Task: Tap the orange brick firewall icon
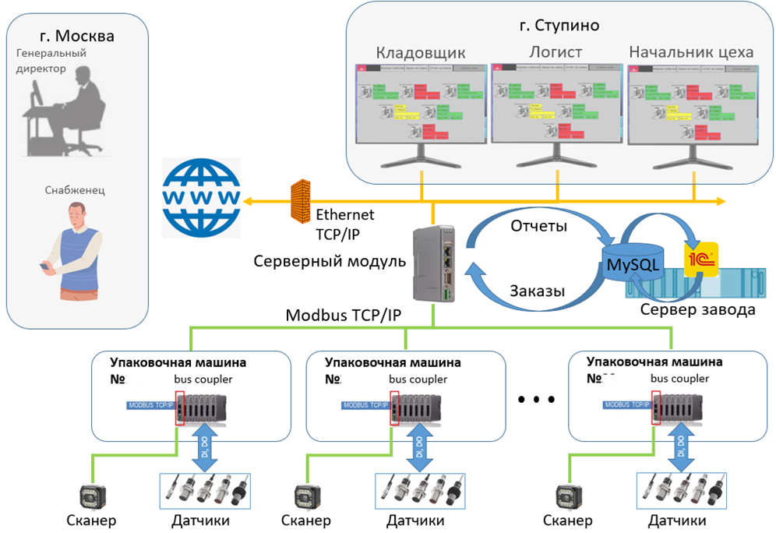tap(300, 200)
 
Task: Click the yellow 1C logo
tap(700, 260)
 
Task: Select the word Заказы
tap(537, 290)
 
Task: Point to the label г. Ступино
tap(559, 25)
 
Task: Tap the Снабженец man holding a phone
tap(75, 249)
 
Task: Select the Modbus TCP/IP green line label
tap(343, 316)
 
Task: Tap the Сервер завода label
tap(697, 310)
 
